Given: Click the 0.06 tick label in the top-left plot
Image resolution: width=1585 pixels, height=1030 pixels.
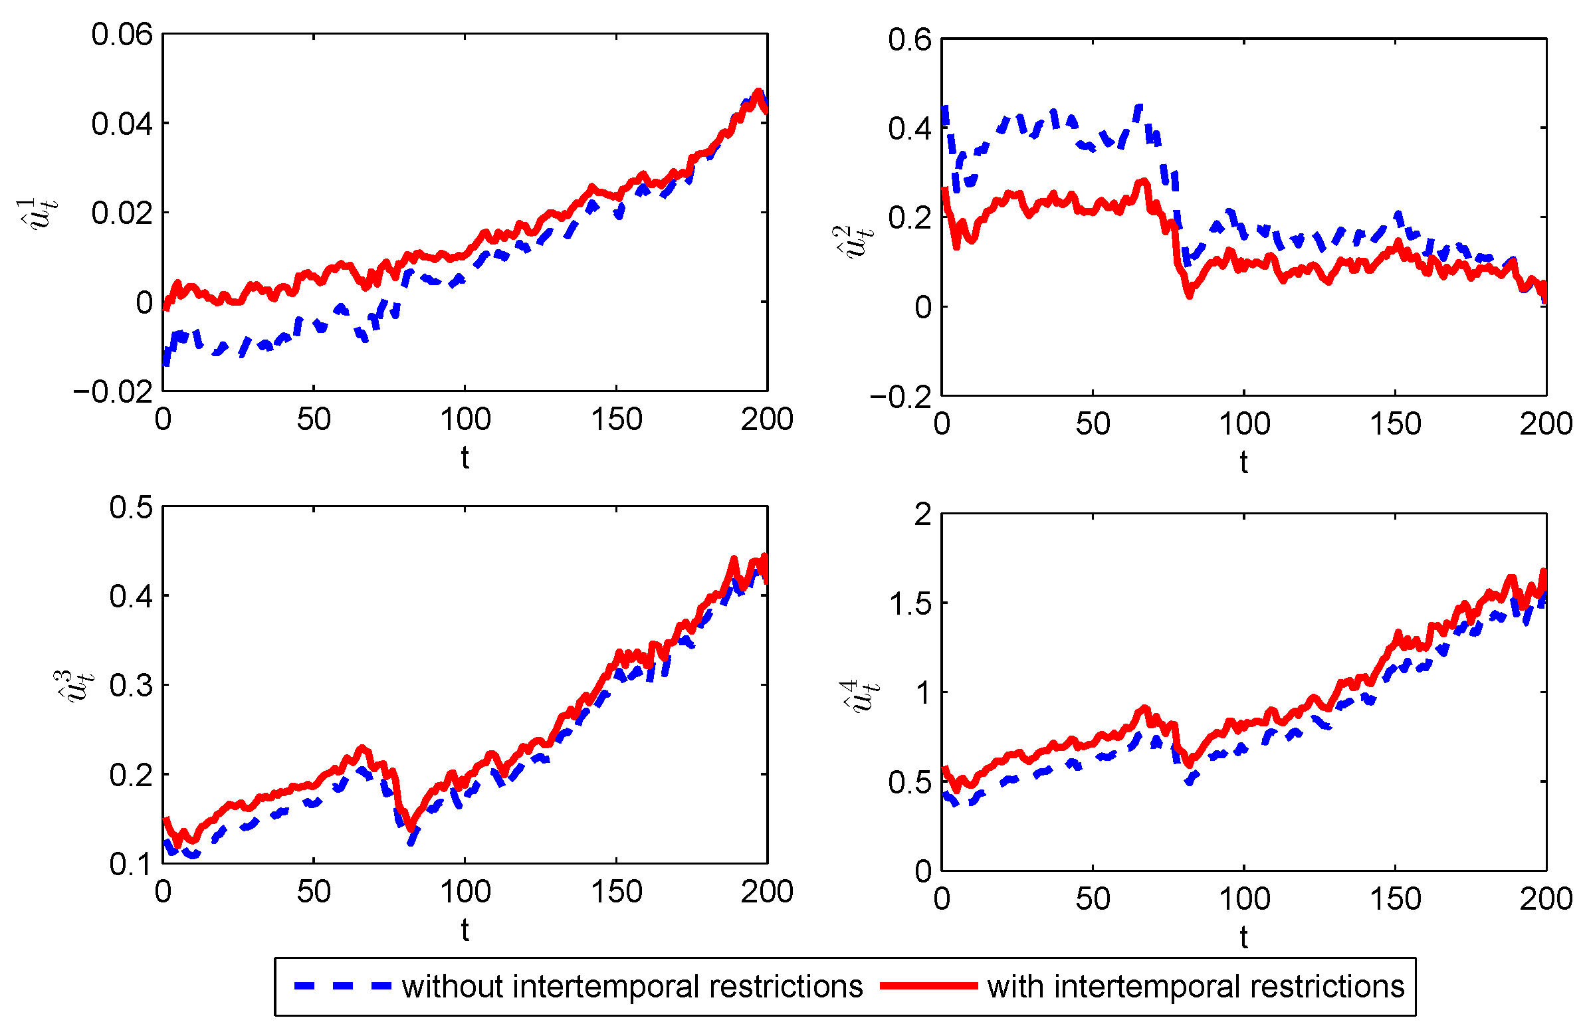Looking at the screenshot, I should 122,35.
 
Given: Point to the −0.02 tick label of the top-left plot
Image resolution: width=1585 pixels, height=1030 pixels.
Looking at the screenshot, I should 113,392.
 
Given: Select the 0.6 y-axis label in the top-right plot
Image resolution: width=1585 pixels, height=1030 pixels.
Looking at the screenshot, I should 909,40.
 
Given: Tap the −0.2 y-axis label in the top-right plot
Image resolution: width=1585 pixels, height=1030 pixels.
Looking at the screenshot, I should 900,397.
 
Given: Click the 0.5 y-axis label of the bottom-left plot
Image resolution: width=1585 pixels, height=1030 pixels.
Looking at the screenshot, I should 131,507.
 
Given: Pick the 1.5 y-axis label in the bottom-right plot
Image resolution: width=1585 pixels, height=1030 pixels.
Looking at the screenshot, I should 909,604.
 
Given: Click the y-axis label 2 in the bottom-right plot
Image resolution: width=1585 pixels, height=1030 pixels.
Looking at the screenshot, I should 922,514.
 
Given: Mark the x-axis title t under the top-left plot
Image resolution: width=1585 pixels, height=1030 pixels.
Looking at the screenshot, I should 465,458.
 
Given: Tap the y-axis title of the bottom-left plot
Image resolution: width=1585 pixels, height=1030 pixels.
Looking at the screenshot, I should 74,686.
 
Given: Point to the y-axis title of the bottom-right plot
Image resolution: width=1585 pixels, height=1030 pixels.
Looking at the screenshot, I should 859,696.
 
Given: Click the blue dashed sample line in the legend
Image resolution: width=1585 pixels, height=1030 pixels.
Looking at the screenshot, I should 342,986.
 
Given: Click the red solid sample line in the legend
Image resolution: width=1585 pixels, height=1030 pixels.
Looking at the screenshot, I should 928,986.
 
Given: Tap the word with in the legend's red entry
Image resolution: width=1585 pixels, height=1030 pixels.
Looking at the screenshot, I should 1015,986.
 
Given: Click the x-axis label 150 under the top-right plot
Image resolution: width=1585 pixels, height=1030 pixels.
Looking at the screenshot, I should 1395,424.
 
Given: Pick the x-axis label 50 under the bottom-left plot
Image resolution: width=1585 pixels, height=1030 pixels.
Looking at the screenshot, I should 314,892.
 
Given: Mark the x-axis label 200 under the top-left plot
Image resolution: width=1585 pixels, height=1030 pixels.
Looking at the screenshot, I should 767,419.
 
